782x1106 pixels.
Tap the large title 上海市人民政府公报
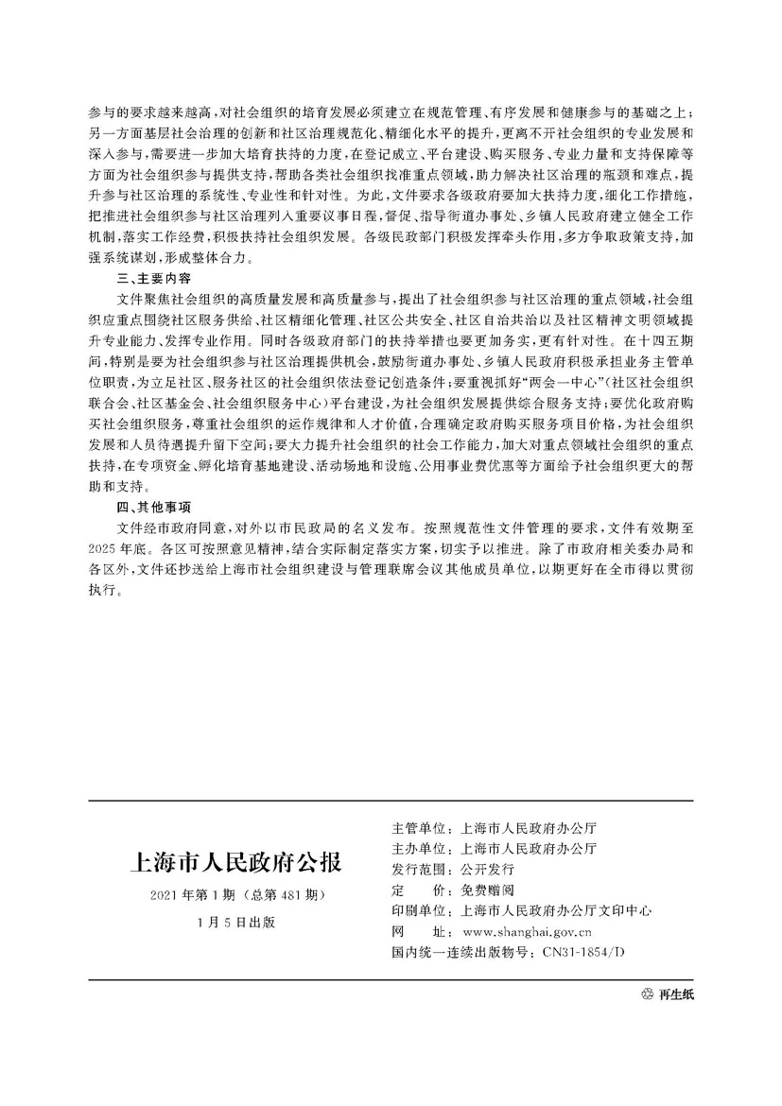pos(233,863)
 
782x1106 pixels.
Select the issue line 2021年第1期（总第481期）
pos(233,894)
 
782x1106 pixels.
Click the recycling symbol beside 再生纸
pos(647,994)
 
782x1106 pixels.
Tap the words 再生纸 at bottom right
pos(675,994)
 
